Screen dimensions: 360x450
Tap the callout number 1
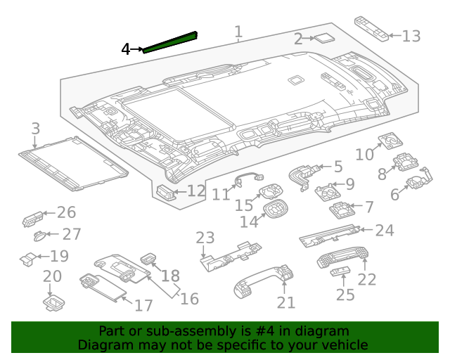click(238, 32)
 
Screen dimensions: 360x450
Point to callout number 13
click(411, 36)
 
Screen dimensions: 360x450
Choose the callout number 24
click(385, 231)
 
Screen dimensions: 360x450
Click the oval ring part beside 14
click(276, 210)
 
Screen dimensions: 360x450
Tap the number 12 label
click(196, 191)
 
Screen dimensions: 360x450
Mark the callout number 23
click(205, 238)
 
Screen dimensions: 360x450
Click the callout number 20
click(53, 276)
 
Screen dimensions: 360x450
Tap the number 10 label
click(364, 155)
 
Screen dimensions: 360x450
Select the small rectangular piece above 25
click(340, 271)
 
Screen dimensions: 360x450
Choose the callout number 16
click(189, 299)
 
